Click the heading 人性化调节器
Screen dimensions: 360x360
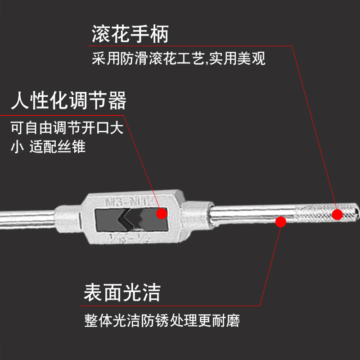click(x=68, y=101)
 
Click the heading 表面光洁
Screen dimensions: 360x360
click(x=122, y=292)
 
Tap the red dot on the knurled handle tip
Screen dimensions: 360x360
click(x=337, y=215)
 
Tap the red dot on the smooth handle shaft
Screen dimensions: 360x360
click(x=281, y=221)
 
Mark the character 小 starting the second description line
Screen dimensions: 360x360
click(x=17, y=147)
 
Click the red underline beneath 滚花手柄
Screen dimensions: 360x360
click(x=189, y=45)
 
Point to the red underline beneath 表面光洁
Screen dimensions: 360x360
click(x=171, y=306)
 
